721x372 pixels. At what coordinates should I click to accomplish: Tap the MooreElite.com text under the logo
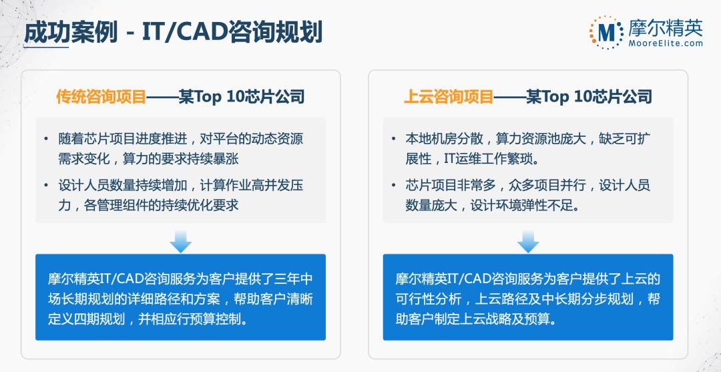pos(665,43)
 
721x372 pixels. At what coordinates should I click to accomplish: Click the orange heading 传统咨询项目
pos(100,98)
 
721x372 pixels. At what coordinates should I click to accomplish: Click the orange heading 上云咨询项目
pos(448,98)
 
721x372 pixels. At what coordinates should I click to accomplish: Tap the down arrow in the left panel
pos(180,241)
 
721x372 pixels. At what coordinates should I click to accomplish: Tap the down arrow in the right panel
pos(527,241)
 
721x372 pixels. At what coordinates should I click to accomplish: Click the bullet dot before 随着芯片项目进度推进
pos(46,140)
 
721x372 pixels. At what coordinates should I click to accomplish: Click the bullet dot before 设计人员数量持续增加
pos(46,186)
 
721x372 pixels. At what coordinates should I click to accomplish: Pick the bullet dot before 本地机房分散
pos(394,140)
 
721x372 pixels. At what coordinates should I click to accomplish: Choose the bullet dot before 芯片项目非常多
pos(394,186)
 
